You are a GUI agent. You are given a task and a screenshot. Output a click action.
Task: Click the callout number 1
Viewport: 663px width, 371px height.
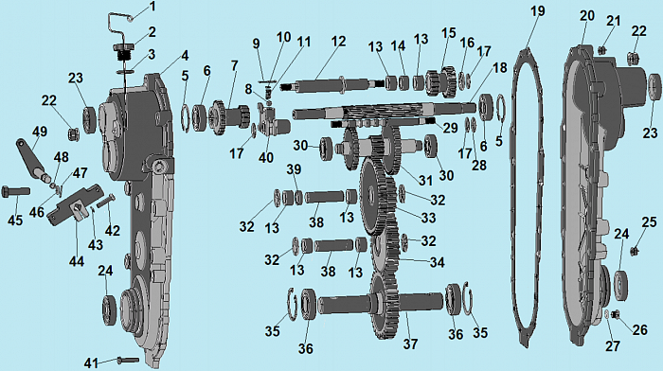point(152,7)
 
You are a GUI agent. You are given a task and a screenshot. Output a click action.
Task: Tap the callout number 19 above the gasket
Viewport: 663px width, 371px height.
point(537,11)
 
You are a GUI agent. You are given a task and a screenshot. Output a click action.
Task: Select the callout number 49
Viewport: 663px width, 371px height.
point(40,132)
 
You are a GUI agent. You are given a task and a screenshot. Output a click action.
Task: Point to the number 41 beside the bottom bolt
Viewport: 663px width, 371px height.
point(91,363)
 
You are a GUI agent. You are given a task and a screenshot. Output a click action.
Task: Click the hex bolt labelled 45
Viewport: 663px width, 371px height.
point(16,192)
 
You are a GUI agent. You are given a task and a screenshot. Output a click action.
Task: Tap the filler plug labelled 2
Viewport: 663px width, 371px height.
point(123,52)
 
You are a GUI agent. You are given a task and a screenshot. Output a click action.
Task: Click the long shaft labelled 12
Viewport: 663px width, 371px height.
point(331,85)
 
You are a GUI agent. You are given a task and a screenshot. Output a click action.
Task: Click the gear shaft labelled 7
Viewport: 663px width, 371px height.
point(229,117)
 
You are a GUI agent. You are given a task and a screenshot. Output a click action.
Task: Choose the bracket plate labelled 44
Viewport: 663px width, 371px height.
point(75,205)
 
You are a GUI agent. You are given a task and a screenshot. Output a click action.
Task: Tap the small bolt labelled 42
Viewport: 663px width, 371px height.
point(106,201)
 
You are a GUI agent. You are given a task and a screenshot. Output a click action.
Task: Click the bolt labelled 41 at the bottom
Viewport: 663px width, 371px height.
point(127,360)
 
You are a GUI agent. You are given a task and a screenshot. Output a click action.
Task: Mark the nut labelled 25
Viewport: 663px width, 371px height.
point(635,252)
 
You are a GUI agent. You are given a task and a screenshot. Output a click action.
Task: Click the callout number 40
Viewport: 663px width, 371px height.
point(265,158)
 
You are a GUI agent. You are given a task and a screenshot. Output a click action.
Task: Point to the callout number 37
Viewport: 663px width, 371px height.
point(410,344)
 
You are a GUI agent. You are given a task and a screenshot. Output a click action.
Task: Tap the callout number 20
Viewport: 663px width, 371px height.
point(587,16)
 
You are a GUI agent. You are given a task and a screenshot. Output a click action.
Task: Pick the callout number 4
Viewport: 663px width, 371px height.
point(185,55)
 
